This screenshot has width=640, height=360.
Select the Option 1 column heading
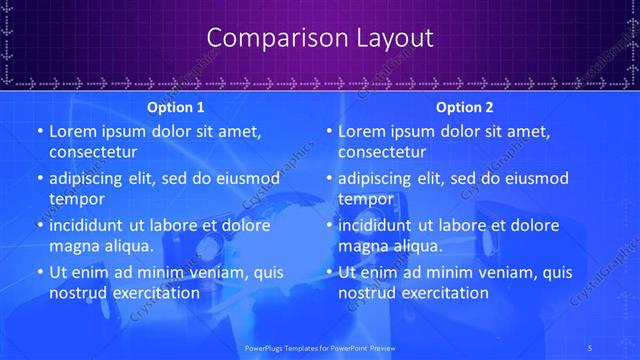(x=176, y=107)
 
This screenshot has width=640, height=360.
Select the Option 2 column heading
(x=465, y=107)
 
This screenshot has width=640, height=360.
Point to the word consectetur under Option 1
(x=93, y=152)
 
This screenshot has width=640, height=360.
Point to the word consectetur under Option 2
(x=382, y=152)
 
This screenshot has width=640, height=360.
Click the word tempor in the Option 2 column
(x=364, y=198)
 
